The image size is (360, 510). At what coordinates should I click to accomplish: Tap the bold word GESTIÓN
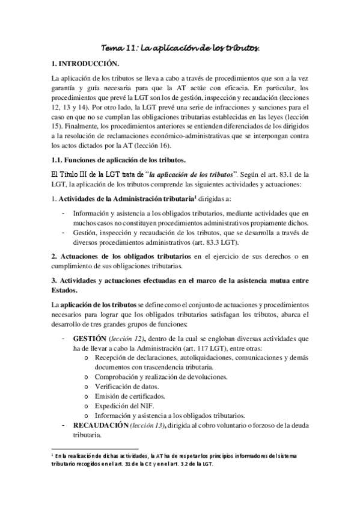tap(89, 339)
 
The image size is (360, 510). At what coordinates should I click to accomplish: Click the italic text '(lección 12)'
tap(127, 339)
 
